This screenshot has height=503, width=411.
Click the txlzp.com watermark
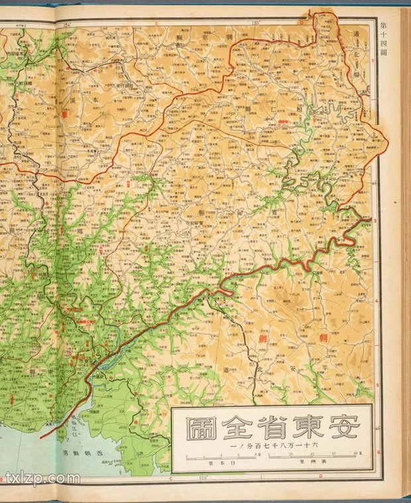(x=42, y=478)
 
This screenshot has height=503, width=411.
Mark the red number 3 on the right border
(x=375, y=221)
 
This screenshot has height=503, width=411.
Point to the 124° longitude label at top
(x=66, y=26)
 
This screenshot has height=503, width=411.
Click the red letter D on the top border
(x=300, y=22)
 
